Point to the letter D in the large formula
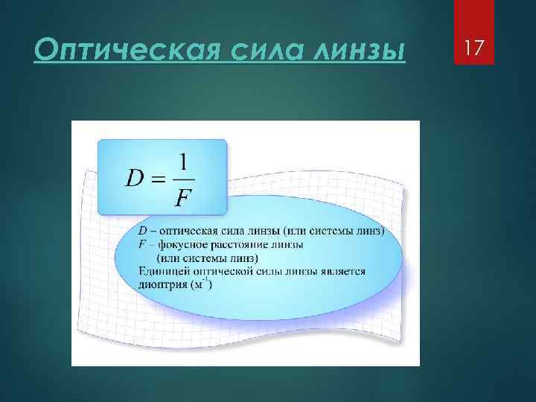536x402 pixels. pyautogui.click(x=135, y=179)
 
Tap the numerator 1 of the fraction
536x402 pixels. pyautogui.click(x=184, y=162)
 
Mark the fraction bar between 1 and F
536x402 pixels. pyautogui.click(x=183, y=179)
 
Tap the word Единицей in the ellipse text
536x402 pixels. pyautogui.click(x=159, y=271)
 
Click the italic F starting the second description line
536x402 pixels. pyautogui.click(x=142, y=243)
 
